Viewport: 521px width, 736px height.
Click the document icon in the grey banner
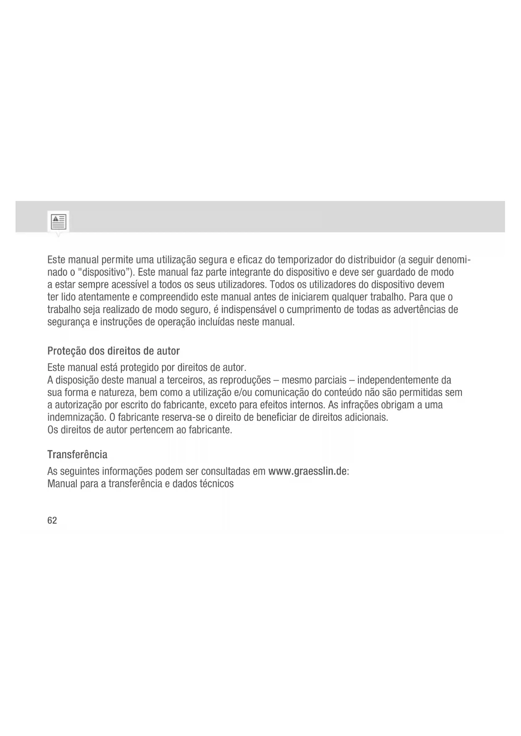58,221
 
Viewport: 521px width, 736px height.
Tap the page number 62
52,521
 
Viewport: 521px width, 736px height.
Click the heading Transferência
77,454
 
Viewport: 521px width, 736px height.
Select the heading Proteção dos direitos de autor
113,351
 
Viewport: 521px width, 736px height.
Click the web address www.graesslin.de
307,471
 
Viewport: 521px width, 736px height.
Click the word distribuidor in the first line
368,260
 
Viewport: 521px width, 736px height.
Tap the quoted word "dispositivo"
105,272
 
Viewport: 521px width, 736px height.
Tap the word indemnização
76,418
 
